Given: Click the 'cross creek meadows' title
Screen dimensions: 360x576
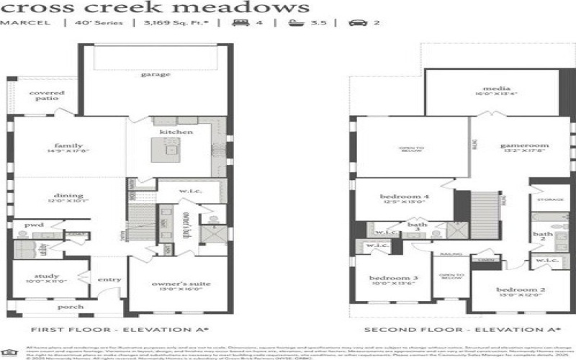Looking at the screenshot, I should tap(155, 8).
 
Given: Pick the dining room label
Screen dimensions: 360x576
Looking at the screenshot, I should tap(68, 195).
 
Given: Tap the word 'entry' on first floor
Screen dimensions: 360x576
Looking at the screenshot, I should tap(110, 280).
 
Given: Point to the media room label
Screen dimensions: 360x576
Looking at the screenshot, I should tap(492, 89).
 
